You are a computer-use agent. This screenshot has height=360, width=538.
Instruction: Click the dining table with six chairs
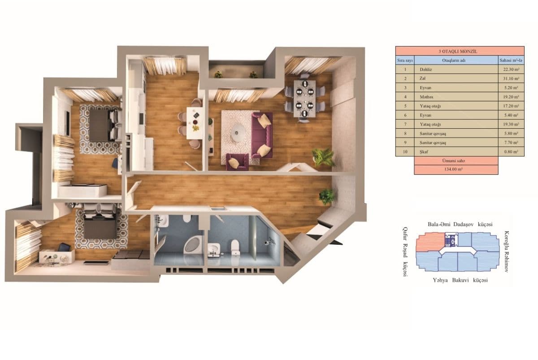(x=305, y=98)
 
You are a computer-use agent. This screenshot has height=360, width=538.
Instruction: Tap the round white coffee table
(x=238, y=132)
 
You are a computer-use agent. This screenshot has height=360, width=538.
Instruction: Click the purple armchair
(x=237, y=161)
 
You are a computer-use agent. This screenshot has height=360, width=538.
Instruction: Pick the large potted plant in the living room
(x=323, y=157)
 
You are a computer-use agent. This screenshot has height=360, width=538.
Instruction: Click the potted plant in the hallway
(x=327, y=196)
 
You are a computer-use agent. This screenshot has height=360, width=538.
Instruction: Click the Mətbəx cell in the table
(x=454, y=97)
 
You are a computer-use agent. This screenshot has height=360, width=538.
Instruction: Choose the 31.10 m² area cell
(x=511, y=78)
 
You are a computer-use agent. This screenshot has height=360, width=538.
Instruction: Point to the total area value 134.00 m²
(x=456, y=170)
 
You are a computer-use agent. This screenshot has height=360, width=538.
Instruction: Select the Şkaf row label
(x=454, y=152)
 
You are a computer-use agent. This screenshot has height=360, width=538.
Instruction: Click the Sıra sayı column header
(x=405, y=60)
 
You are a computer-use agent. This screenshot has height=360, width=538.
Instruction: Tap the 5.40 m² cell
(x=511, y=115)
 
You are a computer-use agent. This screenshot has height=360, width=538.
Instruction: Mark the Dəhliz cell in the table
(x=454, y=69)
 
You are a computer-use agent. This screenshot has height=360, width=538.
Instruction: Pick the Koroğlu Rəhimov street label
(x=507, y=252)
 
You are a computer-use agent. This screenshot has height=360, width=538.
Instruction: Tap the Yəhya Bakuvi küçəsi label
(x=460, y=280)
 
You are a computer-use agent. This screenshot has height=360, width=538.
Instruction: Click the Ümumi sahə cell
(x=456, y=160)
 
